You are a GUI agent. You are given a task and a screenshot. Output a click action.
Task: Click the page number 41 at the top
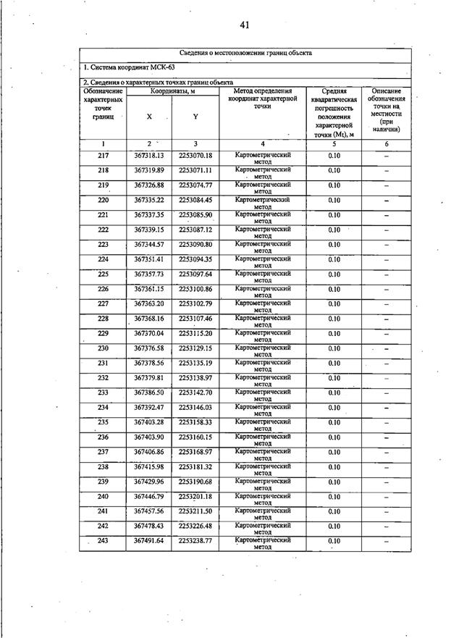245,25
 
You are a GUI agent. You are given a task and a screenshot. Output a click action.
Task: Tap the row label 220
103,200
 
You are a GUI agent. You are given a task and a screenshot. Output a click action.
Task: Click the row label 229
103,334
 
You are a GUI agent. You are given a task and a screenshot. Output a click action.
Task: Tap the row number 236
103,437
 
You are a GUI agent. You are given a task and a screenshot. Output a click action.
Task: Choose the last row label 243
103,541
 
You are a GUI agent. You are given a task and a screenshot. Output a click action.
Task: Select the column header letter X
149,117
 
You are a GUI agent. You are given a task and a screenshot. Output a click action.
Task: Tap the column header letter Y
195,117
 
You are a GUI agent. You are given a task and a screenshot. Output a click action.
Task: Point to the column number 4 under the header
263,143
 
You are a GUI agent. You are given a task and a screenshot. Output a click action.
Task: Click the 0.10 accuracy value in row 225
334,274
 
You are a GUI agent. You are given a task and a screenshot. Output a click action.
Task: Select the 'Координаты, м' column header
173,91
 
